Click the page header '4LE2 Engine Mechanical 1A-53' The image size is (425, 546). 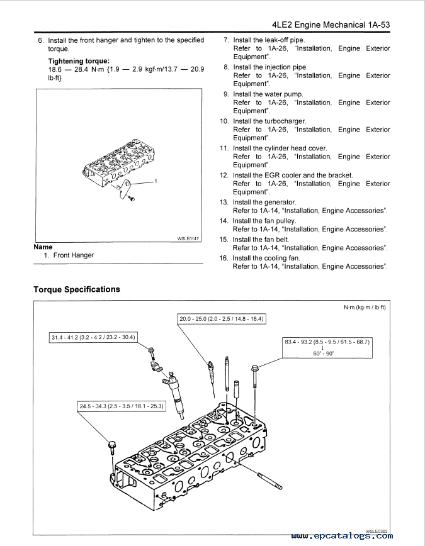pos(331,25)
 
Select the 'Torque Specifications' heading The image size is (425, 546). pos(76,289)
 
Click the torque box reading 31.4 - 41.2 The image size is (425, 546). pos(93,338)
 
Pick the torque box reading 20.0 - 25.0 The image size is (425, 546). pos(221,320)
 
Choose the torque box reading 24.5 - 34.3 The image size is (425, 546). pos(121,406)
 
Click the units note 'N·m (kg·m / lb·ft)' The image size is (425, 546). pos(364,308)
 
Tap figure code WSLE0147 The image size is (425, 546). pos(188,238)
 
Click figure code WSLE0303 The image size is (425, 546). pos(377,531)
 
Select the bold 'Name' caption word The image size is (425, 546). pos(43,247)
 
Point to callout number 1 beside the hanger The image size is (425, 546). pos(156,181)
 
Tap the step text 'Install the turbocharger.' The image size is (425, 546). pos(269,121)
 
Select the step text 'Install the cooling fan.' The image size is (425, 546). pos(266,258)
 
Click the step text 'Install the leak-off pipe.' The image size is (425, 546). pos(269,40)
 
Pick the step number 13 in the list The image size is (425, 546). pos(224,203)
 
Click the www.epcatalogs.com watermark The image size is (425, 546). pos(342,536)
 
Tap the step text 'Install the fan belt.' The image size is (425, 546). pos(261,240)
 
